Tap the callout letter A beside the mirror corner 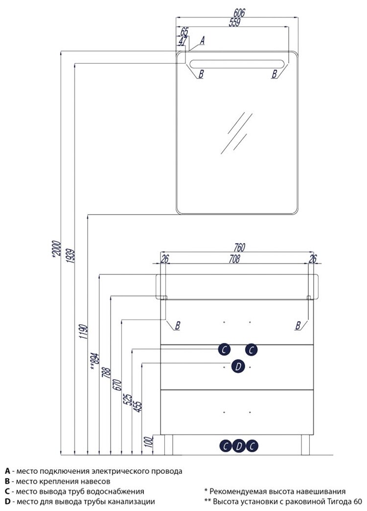(202, 42)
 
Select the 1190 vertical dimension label (84, 332)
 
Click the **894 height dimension (94, 361)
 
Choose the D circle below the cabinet (238, 446)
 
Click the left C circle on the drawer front (224, 349)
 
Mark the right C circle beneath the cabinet (252, 446)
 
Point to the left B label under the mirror (201, 74)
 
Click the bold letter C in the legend (7, 491)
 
